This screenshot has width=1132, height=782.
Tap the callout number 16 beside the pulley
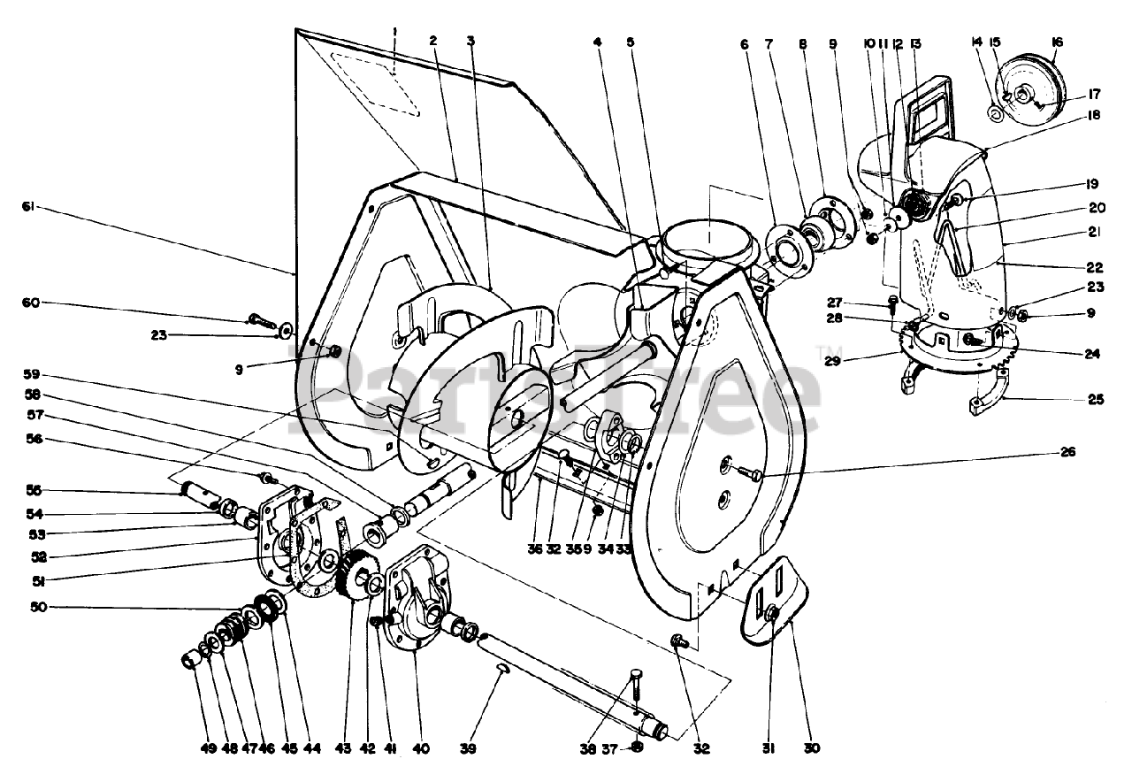(1058, 42)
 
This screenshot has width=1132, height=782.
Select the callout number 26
(1067, 452)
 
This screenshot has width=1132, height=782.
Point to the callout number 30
(812, 748)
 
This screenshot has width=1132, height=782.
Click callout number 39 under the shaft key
(468, 749)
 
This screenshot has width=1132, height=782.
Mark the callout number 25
(1096, 400)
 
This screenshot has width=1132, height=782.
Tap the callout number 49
(207, 749)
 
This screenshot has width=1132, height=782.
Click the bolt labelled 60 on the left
(262, 318)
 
